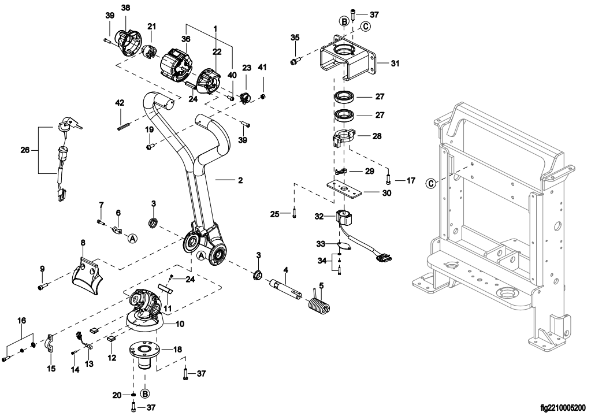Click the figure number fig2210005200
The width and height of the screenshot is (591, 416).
(563, 408)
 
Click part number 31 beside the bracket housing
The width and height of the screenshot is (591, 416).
(395, 64)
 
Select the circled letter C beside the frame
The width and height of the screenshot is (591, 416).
(431, 184)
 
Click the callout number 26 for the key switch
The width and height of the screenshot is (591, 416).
(25, 150)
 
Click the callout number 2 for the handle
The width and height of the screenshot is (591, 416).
(240, 180)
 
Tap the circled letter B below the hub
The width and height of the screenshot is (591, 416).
(145, 393)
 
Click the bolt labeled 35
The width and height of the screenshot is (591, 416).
(295, 61)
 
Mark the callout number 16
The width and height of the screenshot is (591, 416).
(22, 321)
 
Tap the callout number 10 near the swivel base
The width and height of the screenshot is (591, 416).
(180, 324)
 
